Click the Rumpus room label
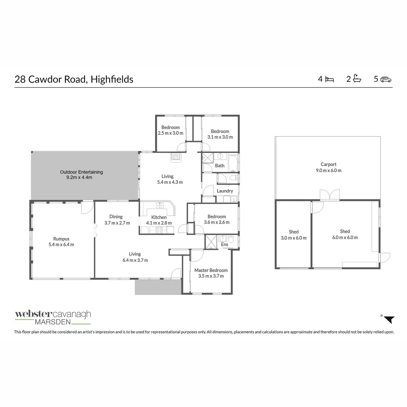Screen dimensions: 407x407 (61, 241)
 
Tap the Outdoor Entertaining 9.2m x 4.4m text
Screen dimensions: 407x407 (81, 175)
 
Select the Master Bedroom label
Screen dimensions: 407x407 (211, 273)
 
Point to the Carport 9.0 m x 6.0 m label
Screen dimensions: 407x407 (328, 167)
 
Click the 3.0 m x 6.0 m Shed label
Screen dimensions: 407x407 (294, 235)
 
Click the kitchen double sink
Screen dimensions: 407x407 (160, 205)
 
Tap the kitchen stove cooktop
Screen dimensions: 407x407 (159, 230)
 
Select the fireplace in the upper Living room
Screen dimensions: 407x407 (176, 157)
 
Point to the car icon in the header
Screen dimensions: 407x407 (386, 79)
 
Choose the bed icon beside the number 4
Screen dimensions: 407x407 (329, 79)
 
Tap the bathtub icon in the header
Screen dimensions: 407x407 (357, 79)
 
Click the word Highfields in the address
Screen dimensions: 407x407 (112, 79)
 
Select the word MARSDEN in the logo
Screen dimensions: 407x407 (53, 322)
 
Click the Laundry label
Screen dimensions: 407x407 (225, 191)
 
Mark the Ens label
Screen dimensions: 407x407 (225, 244)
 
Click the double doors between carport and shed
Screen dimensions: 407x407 (330, 195)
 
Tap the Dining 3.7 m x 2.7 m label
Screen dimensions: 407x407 (117, 220)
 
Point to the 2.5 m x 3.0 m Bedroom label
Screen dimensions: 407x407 (171, 130)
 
